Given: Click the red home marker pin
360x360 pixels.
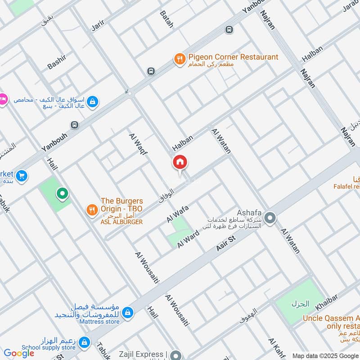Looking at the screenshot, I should (180, 162).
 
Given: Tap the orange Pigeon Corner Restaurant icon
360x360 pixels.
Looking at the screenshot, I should (180, 58).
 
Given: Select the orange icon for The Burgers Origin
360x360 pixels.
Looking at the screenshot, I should (92, 209).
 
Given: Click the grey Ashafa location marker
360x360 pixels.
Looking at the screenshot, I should (270, 219).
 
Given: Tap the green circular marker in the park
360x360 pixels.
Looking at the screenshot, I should (62, 194).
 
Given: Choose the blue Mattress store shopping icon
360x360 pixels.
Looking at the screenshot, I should (128, 312).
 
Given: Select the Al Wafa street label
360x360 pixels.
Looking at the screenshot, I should (177, 213).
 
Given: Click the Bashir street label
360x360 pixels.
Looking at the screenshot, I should (57, 62).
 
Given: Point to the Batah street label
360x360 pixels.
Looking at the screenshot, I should (166, 19).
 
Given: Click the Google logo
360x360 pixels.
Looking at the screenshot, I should (19, 353).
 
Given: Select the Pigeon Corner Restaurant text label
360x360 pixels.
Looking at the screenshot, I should (233, 57).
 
